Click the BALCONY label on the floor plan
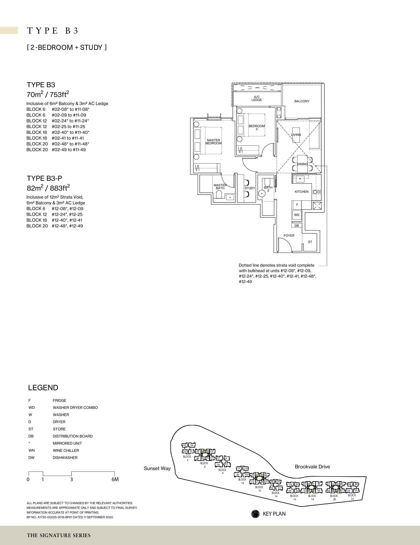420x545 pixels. point(302,101)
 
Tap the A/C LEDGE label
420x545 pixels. point(256,98)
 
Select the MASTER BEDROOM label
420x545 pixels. point(213,142)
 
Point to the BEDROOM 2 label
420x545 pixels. point(257,127)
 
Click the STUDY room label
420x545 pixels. point(250,188)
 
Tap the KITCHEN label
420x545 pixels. point(301,192)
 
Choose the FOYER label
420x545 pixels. point(289,235)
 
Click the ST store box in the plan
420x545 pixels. point(310,242)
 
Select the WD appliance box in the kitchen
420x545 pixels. point(297,215)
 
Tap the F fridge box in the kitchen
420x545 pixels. point(297,205)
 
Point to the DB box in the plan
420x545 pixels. point(297,225)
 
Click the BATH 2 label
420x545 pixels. point(268,189)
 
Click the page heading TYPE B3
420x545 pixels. point(53,31)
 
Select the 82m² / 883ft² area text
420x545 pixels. point(48,188)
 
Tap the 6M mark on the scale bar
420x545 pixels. point(115,479)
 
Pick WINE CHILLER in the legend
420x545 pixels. point(66,450)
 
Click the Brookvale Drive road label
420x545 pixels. point(312,467)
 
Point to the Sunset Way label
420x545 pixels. point(157,468)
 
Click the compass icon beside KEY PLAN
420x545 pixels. point(255,514)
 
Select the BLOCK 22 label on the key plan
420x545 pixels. point(352,497)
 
